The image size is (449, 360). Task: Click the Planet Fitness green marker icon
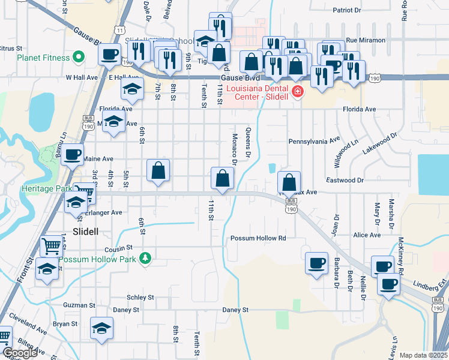[78, 58]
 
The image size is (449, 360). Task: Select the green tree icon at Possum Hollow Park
[145, 259]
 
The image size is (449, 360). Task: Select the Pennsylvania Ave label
[315, 141]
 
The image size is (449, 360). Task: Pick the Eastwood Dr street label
[345, 180]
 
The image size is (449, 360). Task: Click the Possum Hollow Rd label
[258, 238]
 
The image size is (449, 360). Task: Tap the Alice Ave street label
[367, 235]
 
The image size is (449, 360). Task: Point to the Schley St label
[140, 297]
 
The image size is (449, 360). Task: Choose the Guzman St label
[76, 305]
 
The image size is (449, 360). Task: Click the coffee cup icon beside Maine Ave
[72, 155]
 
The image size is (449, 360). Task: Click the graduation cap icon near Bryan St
[101, 328]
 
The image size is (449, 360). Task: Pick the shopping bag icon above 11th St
[222, 178]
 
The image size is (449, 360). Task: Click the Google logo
[19, 353]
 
